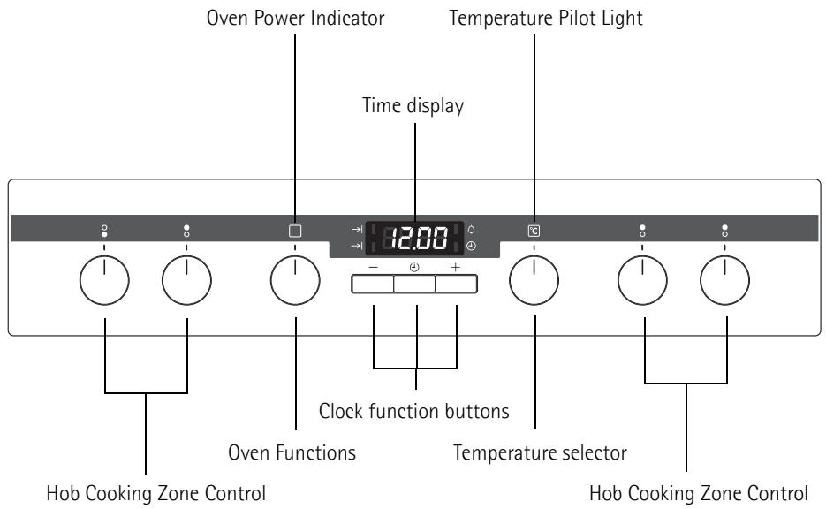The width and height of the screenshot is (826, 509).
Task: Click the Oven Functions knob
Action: pyautogui.click(x=295, y=280)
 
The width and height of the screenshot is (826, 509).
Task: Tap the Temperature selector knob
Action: pyautogui.click(x=534, y=280)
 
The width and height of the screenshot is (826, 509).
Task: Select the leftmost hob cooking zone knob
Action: pyautogui.click(x=104, y=280)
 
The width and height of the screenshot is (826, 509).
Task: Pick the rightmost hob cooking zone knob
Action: pyautogui.click(x=725, y=280)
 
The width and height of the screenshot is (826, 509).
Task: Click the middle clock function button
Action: pyautogui.click(x=414, y=284)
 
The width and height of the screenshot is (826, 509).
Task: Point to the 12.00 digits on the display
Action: pyautogui.click(x=420, y=239)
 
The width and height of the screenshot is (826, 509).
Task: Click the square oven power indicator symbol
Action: pyautogui.click(x=295, y=231)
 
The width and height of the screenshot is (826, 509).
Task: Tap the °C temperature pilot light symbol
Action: pyautogui.click(x=534, y=231)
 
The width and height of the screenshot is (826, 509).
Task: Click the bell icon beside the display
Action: pyautogui.click(x=471, y=229)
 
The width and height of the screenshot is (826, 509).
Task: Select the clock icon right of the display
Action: pyautogui.click(x=471, y=246)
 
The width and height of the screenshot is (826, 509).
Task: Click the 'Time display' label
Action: pyautogui.click(x=413, y=105)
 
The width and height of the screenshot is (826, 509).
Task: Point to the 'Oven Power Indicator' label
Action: pyautogui.click(x=296, y=18)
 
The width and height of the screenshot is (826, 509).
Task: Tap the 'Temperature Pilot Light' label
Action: pyautogui.click(x=546, y=19)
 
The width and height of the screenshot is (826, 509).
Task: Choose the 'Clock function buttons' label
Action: pyautogui.click(x=414, y=411)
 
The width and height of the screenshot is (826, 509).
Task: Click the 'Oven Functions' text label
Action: pyautogui.click(x=292, y=452)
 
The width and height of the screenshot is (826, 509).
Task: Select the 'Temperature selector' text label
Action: pyautogui.click(x=540, y=452)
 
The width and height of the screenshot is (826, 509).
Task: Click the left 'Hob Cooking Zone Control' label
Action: pyautogui.click(x=156, y=494)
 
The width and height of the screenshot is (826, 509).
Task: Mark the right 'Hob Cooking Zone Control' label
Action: pyautogui.click(x=699, y=494)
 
